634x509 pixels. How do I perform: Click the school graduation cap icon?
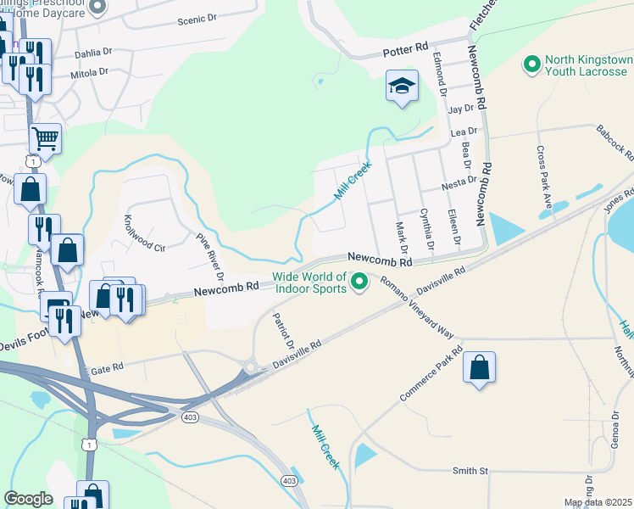click(x=402, y=85)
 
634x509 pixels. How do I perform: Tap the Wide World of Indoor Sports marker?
click(x=359, y=281)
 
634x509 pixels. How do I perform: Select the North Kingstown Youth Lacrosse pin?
click(x=532, y=64)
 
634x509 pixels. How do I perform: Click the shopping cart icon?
click(x=45, y=137)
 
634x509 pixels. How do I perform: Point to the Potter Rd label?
click(x=406, y=52)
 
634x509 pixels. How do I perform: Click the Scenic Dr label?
click(x=198, y=20)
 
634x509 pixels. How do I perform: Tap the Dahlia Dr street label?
click(x=92, y=53)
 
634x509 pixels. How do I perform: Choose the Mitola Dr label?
click(x=89, y=73)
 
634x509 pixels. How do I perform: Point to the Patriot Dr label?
click(x=282, y=333)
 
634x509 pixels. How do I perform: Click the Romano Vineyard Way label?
click(x=416, y=306)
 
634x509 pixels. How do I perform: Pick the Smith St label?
click(x=470, y=470)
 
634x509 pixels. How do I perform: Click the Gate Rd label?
click(x=107, y=366)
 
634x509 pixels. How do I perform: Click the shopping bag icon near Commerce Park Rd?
click(x=479, y=367)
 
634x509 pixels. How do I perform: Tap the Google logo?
click(x=28, y=499)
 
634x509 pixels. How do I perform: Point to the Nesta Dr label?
click(x=459, y=183)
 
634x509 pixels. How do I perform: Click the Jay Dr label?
click(x=460, y=109)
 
